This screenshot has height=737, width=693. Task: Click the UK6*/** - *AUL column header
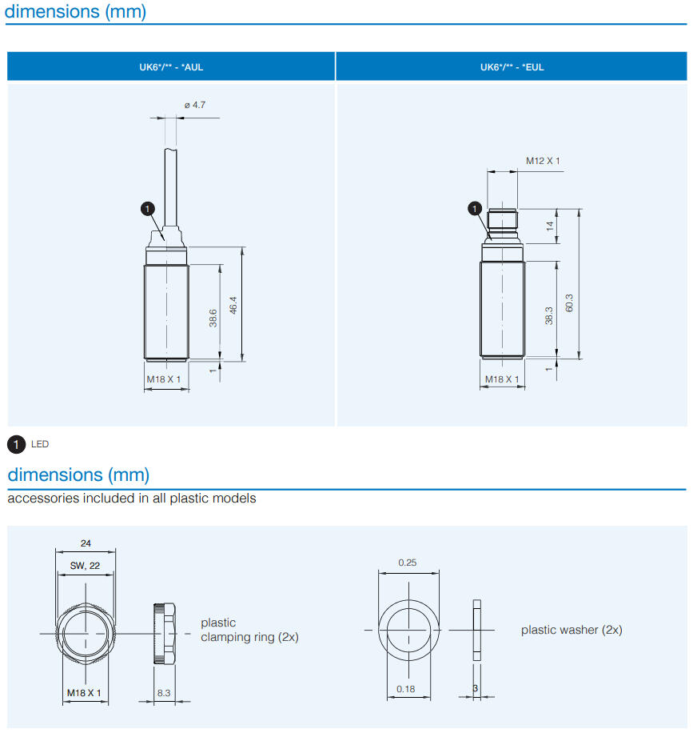point(171,66)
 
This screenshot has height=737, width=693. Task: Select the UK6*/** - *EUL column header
point(512,66)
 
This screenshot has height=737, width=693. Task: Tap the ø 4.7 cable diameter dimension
point(195,105)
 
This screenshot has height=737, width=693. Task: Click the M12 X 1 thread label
point(543,161)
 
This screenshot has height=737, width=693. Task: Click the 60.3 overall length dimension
point(570,303)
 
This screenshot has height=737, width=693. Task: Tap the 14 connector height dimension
point(549,226)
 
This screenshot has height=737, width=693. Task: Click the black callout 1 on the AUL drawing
point(147,208)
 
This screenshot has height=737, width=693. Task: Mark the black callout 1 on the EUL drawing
point(474,209)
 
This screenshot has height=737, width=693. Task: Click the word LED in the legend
point(40,444)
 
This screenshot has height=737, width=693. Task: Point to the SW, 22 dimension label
point(84,566)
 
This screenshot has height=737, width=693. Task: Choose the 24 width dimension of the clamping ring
point(86,543)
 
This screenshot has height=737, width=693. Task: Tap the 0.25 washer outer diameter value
point(408,563)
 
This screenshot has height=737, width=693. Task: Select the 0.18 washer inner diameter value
point(407,689)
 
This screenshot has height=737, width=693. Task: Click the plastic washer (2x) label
point(572,630)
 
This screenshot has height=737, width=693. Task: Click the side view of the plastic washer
point(477,631)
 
